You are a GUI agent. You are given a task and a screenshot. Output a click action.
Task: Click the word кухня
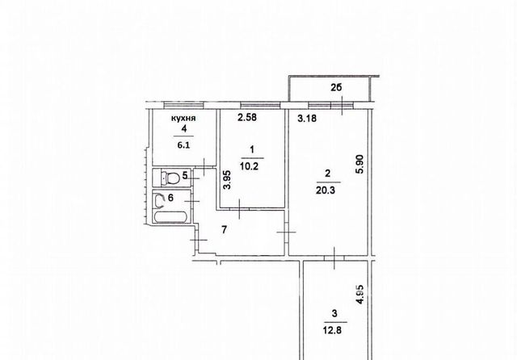tap(183, 118)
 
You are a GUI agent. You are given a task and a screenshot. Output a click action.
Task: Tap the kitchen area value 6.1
tap(183, 145)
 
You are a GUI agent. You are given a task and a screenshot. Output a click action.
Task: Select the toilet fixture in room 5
tap(170, 178)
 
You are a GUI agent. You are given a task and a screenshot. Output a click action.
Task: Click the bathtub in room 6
tap(171, 217)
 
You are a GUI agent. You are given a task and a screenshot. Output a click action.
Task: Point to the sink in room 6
tap(160, 201)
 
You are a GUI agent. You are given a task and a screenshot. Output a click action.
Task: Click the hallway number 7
tap(225, 229)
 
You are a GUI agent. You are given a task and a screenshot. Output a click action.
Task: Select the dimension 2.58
tap(247, 117)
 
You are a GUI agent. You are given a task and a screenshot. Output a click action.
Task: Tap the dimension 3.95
tap(227, 180)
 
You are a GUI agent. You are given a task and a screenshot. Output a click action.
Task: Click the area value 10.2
tap(250, 166)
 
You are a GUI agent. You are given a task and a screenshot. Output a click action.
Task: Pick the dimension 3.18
tap(307, 118)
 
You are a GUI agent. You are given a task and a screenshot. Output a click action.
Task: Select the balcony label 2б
tap(336, 88)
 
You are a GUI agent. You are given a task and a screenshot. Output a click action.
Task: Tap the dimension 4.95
tap(360, 294)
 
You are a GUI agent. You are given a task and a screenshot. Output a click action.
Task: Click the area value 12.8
tap(332, 329)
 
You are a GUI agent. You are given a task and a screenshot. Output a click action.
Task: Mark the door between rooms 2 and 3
tap(334, 258)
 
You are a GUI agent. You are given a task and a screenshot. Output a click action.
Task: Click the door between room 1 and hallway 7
tap(239, 208)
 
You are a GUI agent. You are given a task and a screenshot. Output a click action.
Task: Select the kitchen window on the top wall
tap(183, 105)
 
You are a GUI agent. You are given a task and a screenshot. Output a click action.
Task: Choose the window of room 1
tap(260, 105)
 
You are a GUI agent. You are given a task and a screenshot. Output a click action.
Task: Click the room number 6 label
tap(170, 198)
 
